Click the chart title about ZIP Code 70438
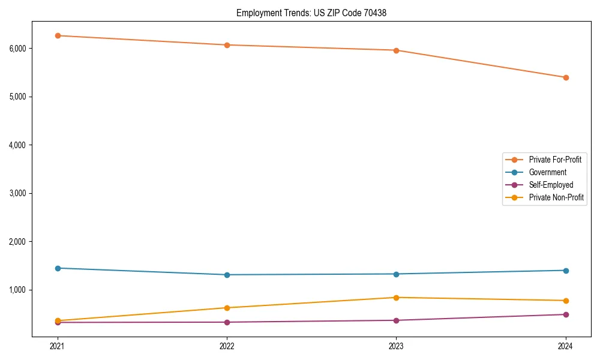pyautogui.click(x=311, y=13)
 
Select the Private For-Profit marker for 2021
pyautogui.click(x=58, y=35)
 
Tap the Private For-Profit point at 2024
pyautogui.click(x=566, y=77)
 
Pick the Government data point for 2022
pyautogui.click(x=227, y=275)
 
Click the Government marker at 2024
pyautogui.click(x=566, y=270)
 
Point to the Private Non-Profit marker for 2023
pyautogui.click(x=396, y=298)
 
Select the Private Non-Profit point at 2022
pyautogui.click(x=227, y=308)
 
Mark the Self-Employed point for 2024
pyautogui.click(x=566, y=314)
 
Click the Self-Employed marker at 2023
pyautogui.click(x=396, y=320)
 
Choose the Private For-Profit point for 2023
pyautogui.click(x=396, y=50)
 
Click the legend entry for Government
pyautogui.click(x=547, y=172)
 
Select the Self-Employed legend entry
pyautogui.click(x=551, y=185)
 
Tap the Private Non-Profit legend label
pyautogui.click(x=556, y=197)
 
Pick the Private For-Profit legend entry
pyautogui.click(x=555, y=160)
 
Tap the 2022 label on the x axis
pyautogui.click(x=227, y=346)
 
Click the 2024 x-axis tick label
pyautogui.click(x=566, y=346)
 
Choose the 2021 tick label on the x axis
pyautogui.click(x=58, y=346)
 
